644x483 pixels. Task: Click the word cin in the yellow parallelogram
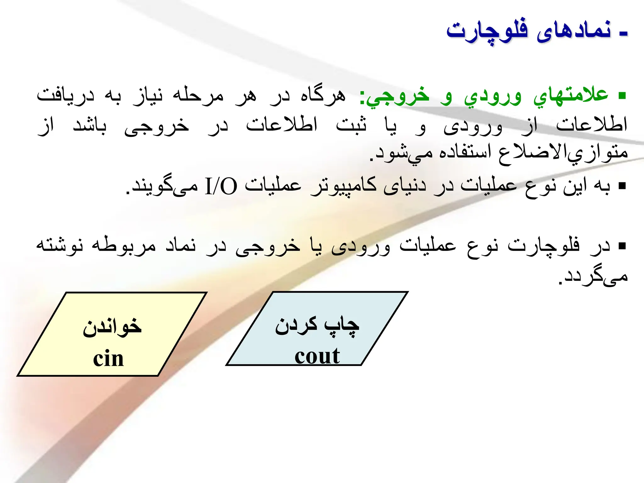click(x=108, y=358)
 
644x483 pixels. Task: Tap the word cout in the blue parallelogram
click(x=317, y=356)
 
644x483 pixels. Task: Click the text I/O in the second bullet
click(x=221, y=186)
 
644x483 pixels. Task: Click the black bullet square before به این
click(x=622, y=186)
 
